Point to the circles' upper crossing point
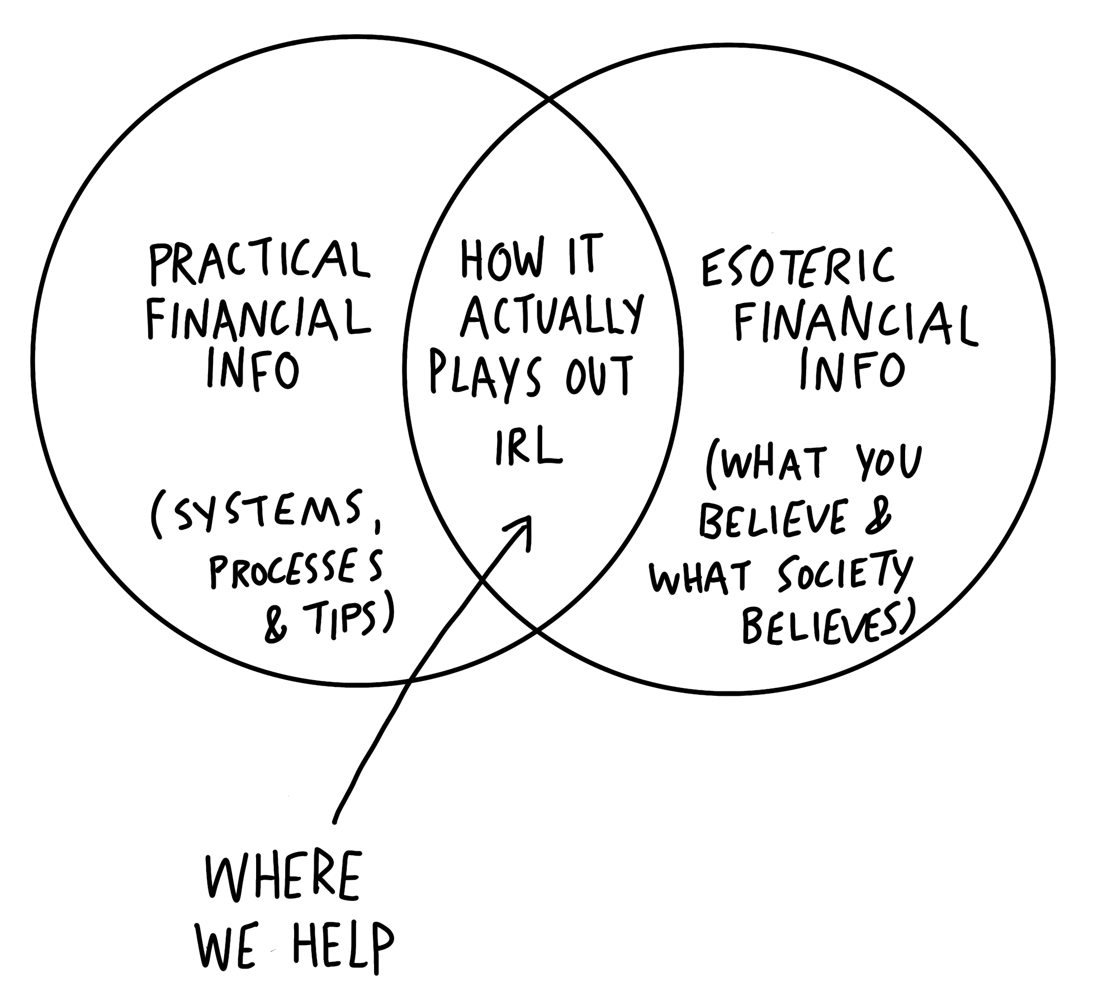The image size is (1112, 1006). (548, 102)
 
